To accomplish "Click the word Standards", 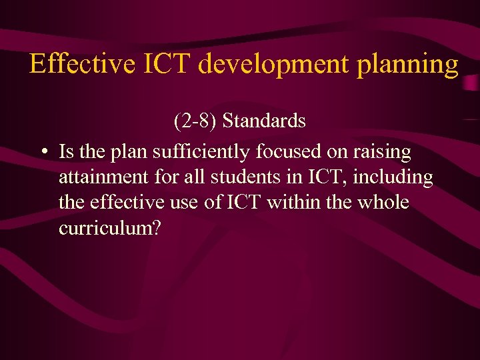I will coord(264,121).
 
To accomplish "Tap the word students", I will coord(231,177).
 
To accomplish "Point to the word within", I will coord(293,202).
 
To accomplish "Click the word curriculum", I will coord(103,227).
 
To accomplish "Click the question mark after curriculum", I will coord(157,227).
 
